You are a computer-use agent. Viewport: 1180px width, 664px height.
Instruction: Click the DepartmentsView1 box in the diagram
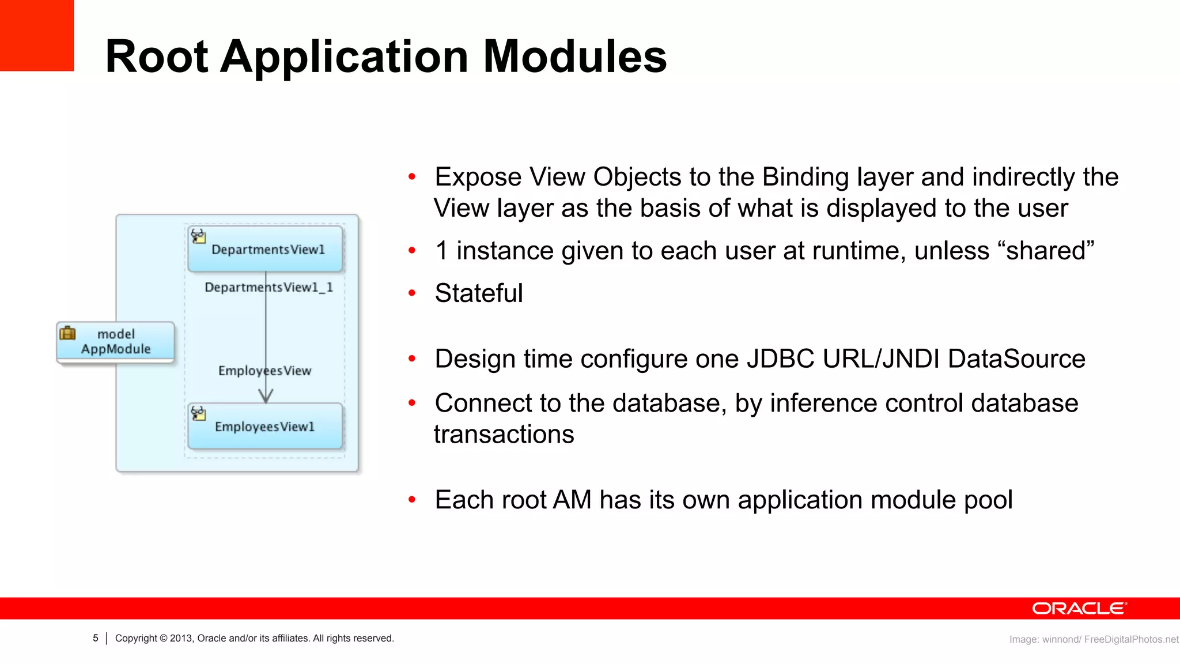coord(266,249)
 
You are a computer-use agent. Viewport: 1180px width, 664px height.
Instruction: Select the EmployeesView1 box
coord(266,427)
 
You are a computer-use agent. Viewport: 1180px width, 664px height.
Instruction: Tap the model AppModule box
coord(115,342)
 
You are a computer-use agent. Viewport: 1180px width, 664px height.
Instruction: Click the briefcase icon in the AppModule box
coord(68,333)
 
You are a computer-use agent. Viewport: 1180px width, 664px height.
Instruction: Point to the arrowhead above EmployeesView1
coord(266,396)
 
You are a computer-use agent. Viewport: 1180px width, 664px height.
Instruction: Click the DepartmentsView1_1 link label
coord(268,287)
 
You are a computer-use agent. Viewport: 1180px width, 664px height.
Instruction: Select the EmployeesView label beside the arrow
coord(264,371)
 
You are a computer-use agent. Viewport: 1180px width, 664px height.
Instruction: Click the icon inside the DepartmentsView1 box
coord(198,236)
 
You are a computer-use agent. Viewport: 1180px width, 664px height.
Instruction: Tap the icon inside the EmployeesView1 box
coord(198,413)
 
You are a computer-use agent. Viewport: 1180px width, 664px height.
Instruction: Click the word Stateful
coord(479,293)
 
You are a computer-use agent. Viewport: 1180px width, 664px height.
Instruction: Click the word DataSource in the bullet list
coord(1016,359)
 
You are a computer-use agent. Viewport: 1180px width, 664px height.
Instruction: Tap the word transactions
coord(504,435)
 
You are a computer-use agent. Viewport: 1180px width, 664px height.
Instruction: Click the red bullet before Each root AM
coord(412,500)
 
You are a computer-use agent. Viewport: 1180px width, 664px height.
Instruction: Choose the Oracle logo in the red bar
coord(1079,609)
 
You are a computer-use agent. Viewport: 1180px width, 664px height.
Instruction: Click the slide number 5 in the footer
coord(96,638)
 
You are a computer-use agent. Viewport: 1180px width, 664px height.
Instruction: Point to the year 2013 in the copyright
coord(180,638)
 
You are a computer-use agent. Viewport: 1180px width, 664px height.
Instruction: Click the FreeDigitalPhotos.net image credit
coord(1131,639)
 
